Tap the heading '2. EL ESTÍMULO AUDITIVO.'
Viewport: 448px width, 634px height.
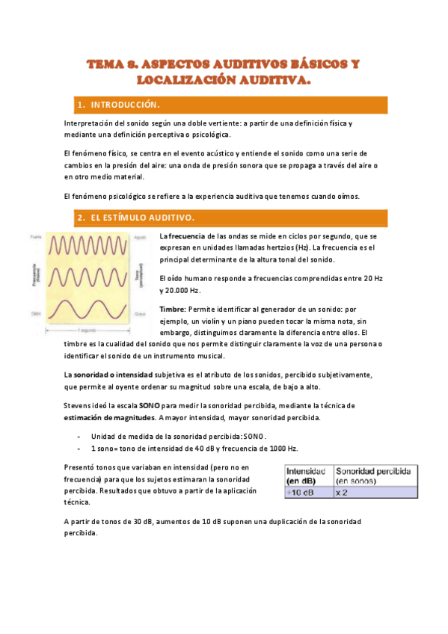click(x=136, y=218)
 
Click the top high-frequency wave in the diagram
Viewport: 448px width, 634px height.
click(x=90, y=245)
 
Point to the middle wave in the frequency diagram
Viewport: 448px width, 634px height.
click(x=90, y=274)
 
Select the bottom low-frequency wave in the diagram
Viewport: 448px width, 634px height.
click(x=90, y=307)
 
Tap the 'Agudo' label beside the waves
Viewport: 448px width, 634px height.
click(x=140, y=237)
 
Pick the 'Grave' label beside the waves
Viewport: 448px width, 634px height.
click(x=140, y=313)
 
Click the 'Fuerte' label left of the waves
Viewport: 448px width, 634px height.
click(x=35, y=237)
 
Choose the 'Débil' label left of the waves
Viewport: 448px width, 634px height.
click(x=35, y=313)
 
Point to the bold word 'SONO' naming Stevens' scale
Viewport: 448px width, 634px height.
click(x=150, y=404)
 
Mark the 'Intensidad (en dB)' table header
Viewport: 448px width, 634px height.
click(x=306, y=476)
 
